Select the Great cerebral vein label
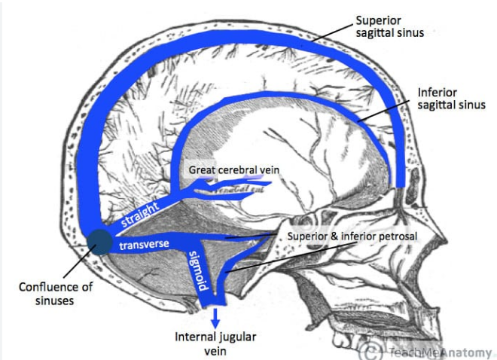tap(234, 170)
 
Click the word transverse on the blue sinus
tap(143, 245)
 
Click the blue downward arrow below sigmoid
tap(216, 316)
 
